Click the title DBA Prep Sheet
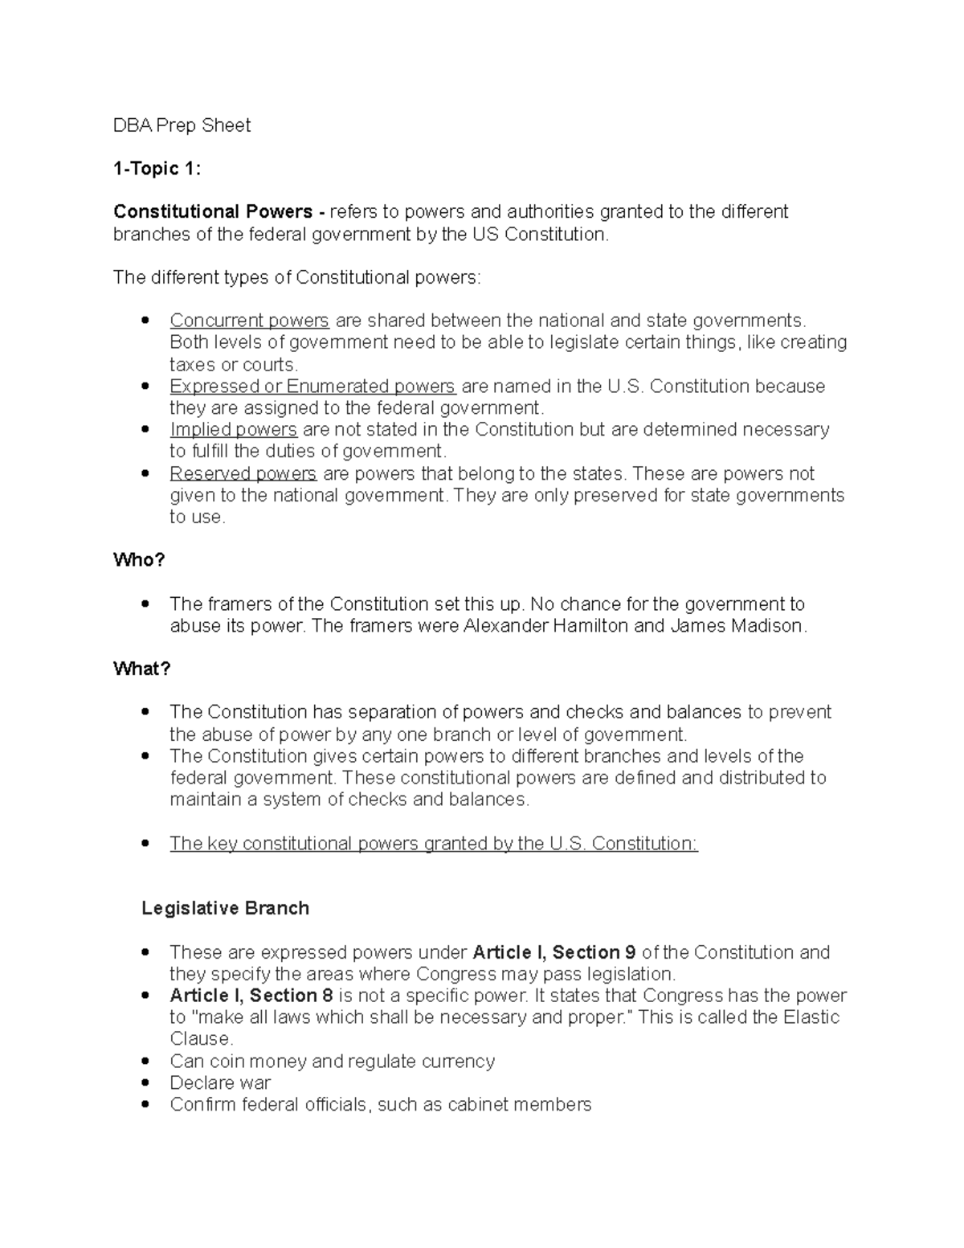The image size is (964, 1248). (182, 125)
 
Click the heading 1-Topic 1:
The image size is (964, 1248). (157, 169)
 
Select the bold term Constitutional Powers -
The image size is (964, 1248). (219, 212)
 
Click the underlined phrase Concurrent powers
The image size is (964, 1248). (249, 321)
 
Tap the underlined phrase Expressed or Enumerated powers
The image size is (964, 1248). (312, 387)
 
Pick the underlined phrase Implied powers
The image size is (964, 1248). (233, 430)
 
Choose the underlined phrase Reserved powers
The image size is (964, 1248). (243, 474)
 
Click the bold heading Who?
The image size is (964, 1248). (139, 560)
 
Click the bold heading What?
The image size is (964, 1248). (142, 669)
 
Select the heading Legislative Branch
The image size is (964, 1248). (225, 909)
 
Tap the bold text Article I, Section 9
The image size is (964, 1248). (554, 953)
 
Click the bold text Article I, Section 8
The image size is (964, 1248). (251, 996)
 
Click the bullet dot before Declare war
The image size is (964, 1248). (145, 1083)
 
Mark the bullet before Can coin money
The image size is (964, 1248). (145, 1062)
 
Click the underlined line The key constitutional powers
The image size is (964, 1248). (434, 844)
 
